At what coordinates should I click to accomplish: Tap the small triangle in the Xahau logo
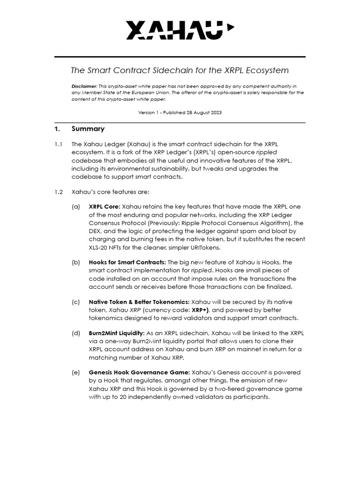click(x=230, y=27)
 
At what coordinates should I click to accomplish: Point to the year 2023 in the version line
click(x=217, y=112)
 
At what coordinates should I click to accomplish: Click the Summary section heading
click(x=88, y=129)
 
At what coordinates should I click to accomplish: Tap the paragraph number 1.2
click(x=58, y=192)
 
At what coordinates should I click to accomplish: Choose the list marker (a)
click(x=75, y=206)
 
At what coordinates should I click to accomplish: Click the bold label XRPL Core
click(x=104, y=206)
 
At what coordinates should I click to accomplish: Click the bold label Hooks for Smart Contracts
click(x=127, y=262)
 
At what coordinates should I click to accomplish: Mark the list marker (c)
click(x=75, y=302)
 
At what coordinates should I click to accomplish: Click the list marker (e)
click(x=75, y=372)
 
